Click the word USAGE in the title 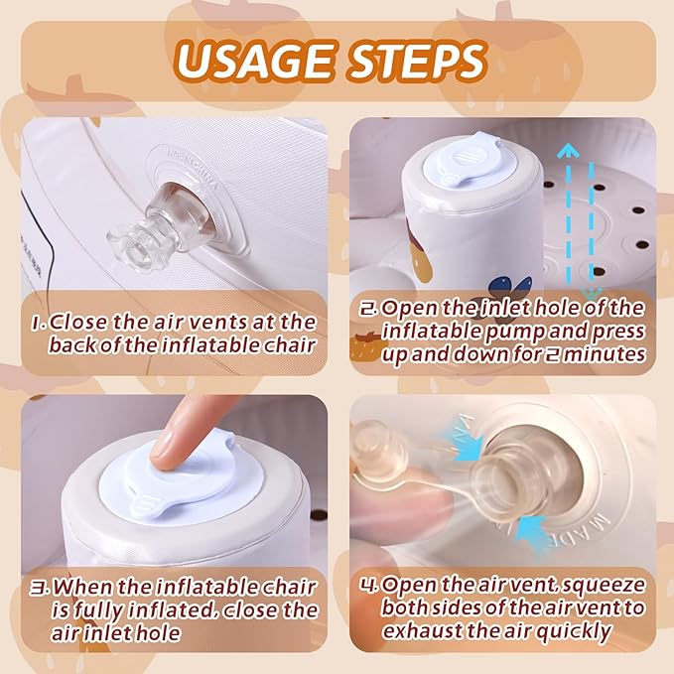[x=254, y=61]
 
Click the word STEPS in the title [x=417, y=61]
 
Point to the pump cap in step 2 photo [x=469, y=160]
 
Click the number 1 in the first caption [x=38, y=323]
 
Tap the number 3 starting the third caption [x=40, y=588]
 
